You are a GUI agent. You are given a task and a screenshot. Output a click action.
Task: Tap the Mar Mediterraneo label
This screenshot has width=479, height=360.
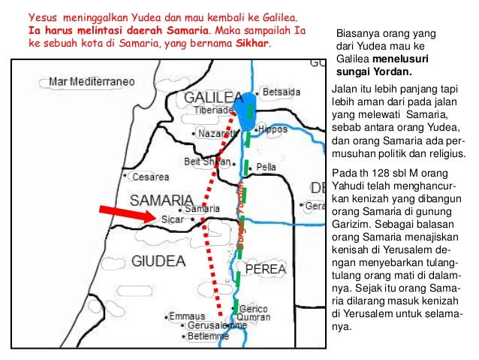tap(91, 80)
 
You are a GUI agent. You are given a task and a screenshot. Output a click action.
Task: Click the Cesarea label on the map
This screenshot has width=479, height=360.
tap(152, 178)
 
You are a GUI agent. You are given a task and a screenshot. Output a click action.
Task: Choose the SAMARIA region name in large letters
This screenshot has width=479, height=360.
tap(161, 199)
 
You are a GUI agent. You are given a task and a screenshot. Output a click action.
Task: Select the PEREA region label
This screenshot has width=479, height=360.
tap(258, 267)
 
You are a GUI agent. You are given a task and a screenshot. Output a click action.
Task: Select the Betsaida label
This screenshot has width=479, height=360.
tap(282, 92)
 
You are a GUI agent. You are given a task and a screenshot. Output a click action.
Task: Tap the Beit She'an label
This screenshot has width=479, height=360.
tap(201, 159)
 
